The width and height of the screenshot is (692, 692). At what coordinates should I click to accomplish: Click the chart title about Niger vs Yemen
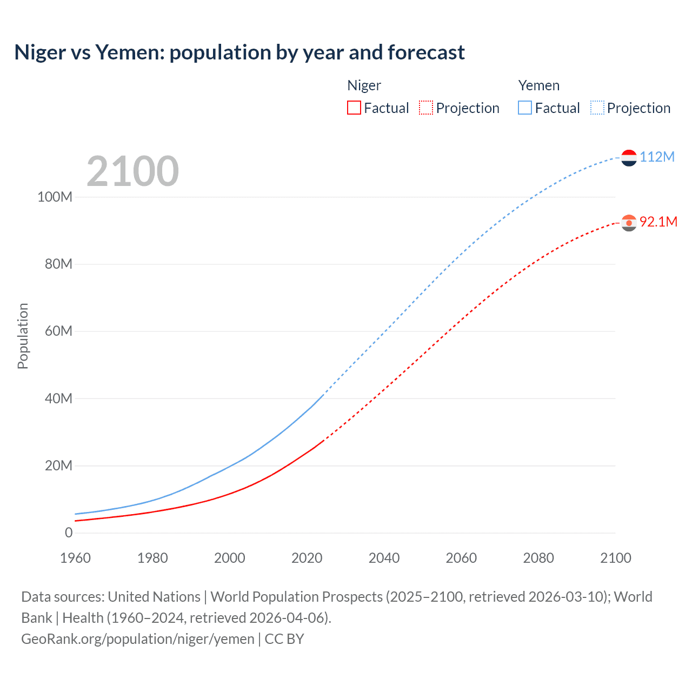coord(239,52)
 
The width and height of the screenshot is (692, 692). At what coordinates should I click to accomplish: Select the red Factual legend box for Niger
coord(354,108)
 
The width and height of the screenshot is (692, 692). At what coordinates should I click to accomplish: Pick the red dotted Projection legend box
coord(426,108)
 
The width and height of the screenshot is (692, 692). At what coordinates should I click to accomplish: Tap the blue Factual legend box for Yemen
coord(525,108)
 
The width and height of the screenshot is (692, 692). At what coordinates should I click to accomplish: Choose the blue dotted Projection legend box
coord(597,108)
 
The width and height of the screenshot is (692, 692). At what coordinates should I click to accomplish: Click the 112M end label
coord(657,157)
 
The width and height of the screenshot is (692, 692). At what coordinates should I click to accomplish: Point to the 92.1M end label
coord(658,222)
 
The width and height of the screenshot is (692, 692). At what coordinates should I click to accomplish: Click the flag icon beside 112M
coord(629,157)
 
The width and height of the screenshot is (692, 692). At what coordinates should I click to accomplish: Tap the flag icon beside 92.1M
coord(629,223)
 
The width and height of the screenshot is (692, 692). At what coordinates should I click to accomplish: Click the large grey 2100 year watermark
coord(132,171)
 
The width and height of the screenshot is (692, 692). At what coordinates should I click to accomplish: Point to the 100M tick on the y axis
coord(55,197)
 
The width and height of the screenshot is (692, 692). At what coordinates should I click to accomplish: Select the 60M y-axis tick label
coord(58,331)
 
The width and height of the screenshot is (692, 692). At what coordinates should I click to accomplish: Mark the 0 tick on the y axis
coord(69,533)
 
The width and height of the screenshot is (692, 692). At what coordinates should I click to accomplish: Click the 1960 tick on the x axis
coord(75,558)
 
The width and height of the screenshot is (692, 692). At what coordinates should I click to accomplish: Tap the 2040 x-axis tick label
coord(384,558)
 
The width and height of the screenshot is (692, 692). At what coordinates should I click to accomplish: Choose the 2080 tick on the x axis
coord(538,558)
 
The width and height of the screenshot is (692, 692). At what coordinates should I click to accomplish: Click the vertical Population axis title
coord(23,336)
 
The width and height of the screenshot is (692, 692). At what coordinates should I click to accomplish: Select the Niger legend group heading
coord(364,85)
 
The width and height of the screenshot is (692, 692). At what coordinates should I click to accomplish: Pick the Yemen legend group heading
coord(538,85)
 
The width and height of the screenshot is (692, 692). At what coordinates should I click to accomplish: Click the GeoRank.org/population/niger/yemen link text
coord(138,639)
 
